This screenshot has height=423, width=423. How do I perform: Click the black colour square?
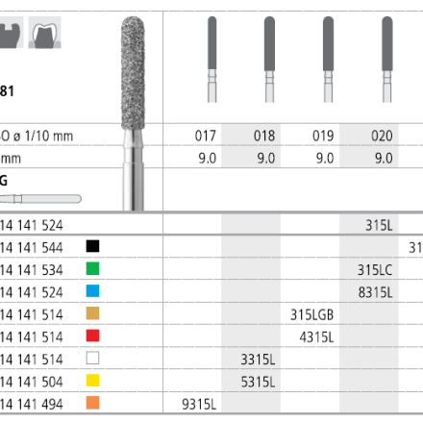92,246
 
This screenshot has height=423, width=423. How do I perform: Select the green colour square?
92,268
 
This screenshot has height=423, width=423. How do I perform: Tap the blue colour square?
92,291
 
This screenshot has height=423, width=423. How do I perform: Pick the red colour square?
92,336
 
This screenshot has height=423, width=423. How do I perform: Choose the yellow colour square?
92,381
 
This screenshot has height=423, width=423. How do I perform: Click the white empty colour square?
92,358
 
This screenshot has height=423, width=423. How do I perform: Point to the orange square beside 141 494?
92,403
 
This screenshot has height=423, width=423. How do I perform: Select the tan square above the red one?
92,313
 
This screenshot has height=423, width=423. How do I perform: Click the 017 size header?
206,136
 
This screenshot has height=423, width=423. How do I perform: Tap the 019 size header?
323,136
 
